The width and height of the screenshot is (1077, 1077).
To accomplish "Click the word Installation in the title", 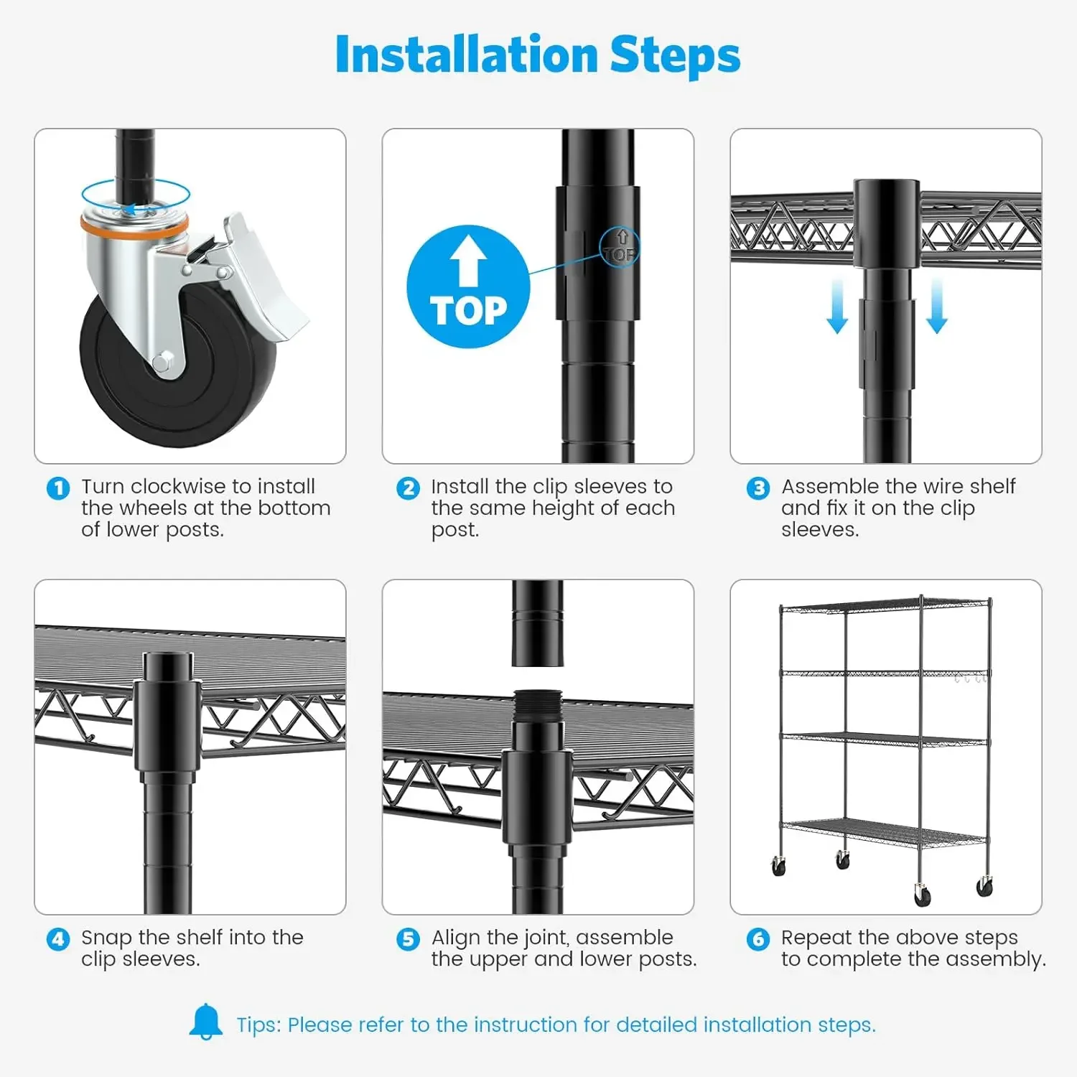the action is click(467, 55).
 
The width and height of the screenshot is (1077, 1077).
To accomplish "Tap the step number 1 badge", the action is click(58, 488).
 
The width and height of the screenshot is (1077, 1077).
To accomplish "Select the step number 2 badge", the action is click(408, 488).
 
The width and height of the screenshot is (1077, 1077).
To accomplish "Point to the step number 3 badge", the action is click(757, 488).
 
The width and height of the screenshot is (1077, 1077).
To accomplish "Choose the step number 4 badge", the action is click(58, 939).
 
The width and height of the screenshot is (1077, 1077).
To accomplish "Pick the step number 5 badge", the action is click(408, 939).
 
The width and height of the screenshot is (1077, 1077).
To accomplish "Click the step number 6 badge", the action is click(757, 939).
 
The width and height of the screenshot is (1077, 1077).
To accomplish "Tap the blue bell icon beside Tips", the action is click(206, 1022).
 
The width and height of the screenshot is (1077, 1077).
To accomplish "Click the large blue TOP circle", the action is click(468, 287).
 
